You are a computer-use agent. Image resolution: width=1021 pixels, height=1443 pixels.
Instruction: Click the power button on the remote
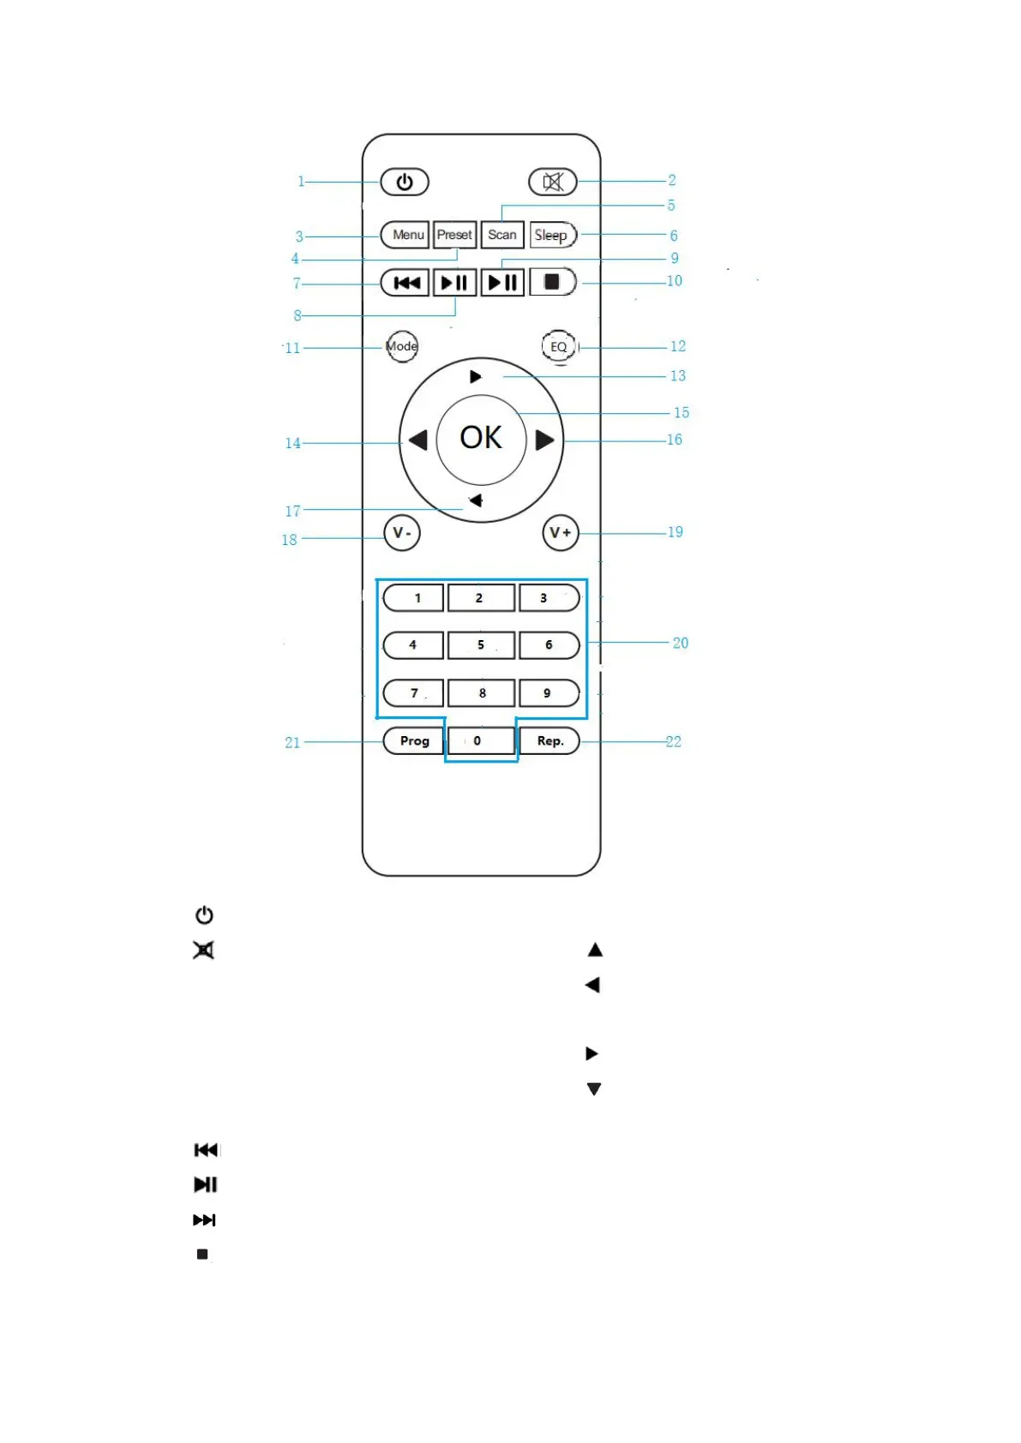click(405, 182)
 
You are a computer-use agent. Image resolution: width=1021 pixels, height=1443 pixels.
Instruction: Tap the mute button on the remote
click(553, 182)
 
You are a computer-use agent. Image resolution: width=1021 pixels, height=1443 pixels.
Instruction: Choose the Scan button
click(502, 235)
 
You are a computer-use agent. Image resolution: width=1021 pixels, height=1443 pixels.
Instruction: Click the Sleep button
click(552, 235)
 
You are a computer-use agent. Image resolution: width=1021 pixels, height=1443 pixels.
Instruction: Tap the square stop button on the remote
click(552, 282)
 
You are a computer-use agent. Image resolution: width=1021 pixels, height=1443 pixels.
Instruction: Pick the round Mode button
click(401, 346)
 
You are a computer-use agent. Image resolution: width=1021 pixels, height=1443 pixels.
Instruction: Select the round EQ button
click(558, 346)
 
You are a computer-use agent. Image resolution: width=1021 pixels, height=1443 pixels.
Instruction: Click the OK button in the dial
click(481, 439)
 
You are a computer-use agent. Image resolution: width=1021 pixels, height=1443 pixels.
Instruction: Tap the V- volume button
click(401, 533)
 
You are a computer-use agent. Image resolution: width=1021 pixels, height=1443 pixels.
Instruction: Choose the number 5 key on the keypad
click(481, 645)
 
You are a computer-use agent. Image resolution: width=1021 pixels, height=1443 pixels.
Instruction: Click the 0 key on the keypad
click(480, 741)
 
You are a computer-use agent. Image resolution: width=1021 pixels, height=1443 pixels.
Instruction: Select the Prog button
click(414, 741)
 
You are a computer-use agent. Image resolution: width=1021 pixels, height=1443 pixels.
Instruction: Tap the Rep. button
click(550, 741)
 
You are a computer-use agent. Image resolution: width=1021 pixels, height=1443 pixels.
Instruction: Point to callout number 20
click(681, 643)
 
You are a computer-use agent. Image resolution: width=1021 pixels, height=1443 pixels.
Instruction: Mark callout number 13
click(678, 375)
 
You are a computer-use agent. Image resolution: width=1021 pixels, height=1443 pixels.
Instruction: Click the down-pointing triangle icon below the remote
click(593, 1089)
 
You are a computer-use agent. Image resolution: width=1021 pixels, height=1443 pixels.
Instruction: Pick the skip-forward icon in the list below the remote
click(204, 1219)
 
